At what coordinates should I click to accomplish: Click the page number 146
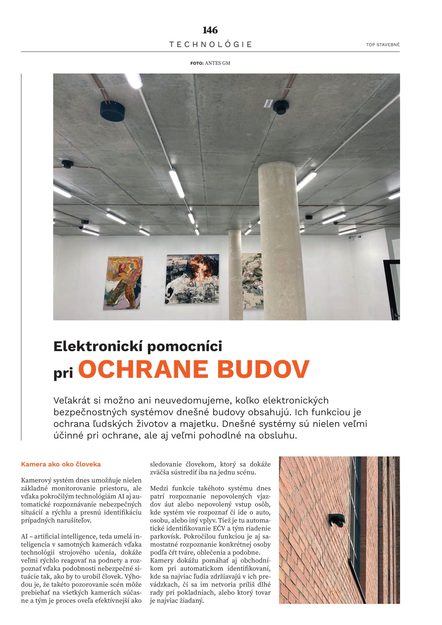pyautogui.click(x=210, y=30)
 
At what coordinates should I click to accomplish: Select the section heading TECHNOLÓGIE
pyautogui.click(x=210, y=44)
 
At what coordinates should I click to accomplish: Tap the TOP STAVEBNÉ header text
pyautogui.click(x=382, y=45)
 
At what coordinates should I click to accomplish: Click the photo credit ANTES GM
pyautogui.click(x=217, y=63)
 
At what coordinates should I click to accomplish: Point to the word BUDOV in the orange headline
pyautogui.click(x=263, y=369)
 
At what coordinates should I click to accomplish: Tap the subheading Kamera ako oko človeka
pyautogui.click(x=61, y=464)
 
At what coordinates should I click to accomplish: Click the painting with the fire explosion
pyautogui.click(x=192, y=279)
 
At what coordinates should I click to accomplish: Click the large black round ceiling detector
pyautogui.click(x=113, y=111)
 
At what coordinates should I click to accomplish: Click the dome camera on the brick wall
pyautogui.click(x=337, y=520)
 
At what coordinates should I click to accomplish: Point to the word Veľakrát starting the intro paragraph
pyautogui.click(x=72, y=401)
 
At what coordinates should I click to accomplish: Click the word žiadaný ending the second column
pyautogui.click(x=191, y=600)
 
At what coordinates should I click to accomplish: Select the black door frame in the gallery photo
pyautogui.click(x=392, y=289)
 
